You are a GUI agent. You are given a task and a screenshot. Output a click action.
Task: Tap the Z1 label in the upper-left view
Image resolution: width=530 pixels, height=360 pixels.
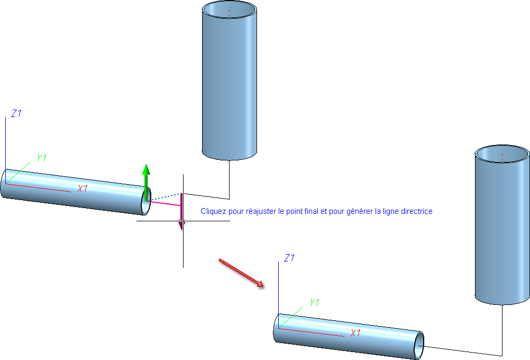point(16,113)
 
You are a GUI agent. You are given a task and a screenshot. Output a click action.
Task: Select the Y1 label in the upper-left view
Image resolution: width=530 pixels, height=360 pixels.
point(42,158)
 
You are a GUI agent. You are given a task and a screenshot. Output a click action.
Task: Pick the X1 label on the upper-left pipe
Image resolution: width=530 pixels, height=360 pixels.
point(83,188)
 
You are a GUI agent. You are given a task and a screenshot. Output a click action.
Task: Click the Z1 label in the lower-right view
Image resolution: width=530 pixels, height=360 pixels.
point(289,258)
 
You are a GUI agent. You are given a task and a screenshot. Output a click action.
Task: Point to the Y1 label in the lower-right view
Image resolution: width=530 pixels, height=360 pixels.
point(315,302)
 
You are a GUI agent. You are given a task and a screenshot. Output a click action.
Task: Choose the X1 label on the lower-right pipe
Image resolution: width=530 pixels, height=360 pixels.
point(355,333)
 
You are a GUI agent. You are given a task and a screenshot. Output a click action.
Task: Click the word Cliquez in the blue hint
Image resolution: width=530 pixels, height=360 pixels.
point(212,211)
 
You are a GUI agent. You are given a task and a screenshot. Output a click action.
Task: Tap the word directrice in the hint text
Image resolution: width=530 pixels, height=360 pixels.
point(418,211)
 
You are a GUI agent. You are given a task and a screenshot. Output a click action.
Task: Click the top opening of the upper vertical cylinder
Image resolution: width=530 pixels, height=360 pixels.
point(230,10)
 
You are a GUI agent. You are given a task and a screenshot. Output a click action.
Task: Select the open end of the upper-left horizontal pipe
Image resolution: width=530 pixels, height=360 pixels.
point(145,201)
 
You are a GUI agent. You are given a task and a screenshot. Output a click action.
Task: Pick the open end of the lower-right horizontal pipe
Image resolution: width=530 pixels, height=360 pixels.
point(419,345)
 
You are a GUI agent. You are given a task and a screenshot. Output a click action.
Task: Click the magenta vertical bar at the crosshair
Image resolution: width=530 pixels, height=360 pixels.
point(181,208)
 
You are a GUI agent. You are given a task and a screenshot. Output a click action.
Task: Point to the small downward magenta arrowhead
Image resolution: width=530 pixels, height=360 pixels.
point(181,226)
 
